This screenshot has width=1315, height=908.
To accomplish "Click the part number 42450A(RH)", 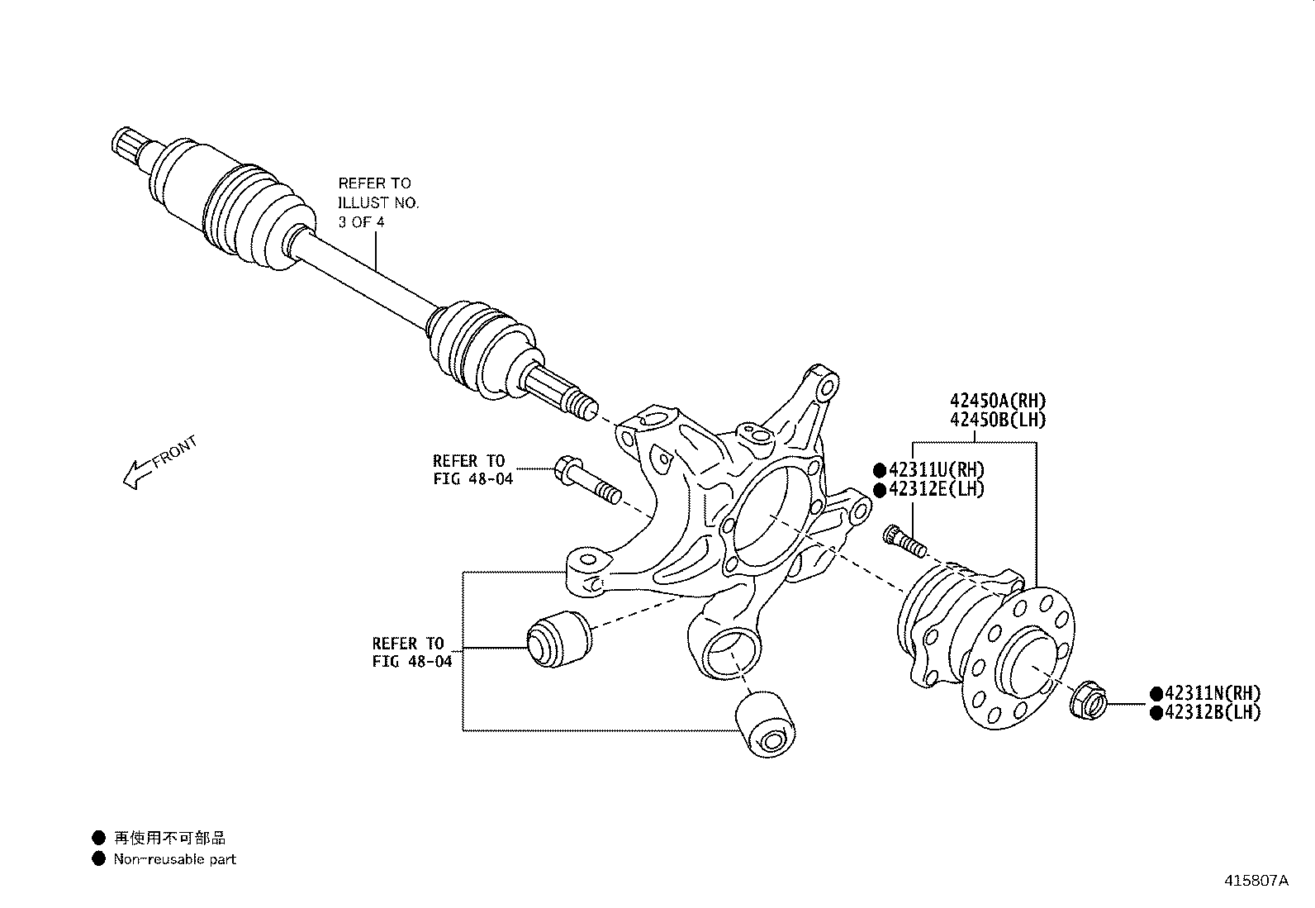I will coord(997,401).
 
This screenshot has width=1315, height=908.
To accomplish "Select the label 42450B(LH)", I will coord(997,420).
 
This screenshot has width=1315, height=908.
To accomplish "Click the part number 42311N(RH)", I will coord(1212,693).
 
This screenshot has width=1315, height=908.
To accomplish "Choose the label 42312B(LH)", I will coord(1212,712).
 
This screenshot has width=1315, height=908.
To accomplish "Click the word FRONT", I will coord(175,452).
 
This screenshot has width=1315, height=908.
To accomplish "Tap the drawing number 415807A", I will coord(1256,881).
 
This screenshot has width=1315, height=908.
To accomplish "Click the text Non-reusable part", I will coord(174,859).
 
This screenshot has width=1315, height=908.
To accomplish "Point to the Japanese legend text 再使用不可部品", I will coord(169,839).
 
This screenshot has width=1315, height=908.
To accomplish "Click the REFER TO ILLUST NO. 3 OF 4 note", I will coord(378,202).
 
